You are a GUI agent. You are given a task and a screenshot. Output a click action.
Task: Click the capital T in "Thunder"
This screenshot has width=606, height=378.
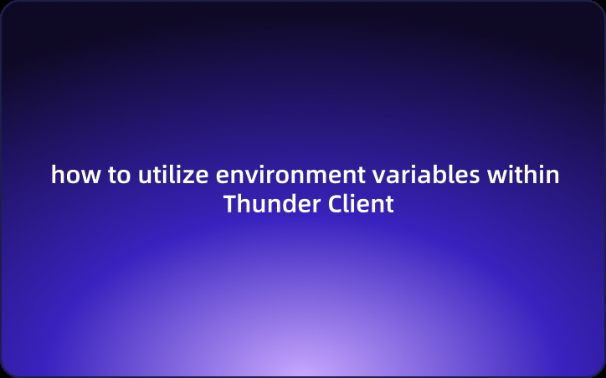[229, 203]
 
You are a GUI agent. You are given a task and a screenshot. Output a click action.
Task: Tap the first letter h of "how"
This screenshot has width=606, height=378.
[57, 176]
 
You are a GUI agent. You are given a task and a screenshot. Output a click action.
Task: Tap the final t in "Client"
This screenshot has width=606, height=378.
[388, 203]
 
